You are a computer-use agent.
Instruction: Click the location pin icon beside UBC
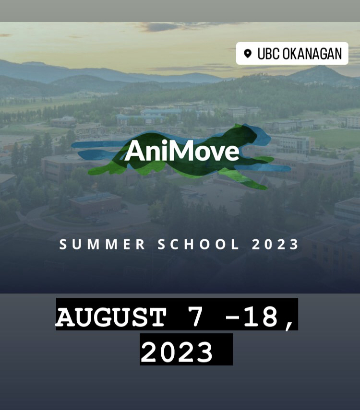click(248, 53)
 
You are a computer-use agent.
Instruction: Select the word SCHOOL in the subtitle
click(198, 244)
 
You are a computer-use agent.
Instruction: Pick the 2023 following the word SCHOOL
click(276, 244)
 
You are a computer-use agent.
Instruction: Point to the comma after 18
click(289, 324)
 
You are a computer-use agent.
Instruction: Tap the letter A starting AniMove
click(133, 152)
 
